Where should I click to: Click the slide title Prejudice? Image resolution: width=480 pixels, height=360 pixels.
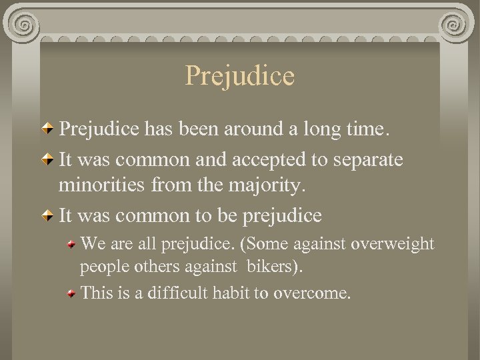239,75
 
